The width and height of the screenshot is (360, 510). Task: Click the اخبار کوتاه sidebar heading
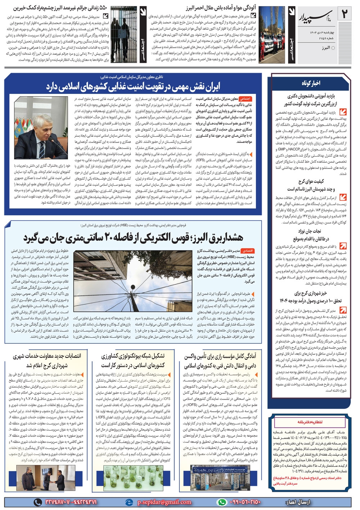coord(311,83)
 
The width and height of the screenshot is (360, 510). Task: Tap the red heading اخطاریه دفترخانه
coord(310,421)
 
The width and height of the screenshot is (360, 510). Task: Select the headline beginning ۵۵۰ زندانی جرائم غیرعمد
coord(58,8)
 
